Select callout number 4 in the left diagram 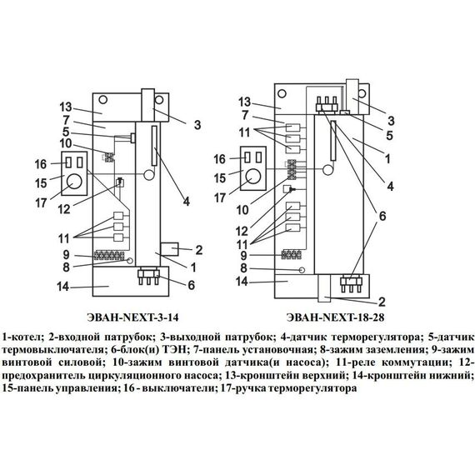click(187, 201)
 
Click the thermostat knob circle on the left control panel click(73, 182)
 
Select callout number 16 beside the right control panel click(220, 158)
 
